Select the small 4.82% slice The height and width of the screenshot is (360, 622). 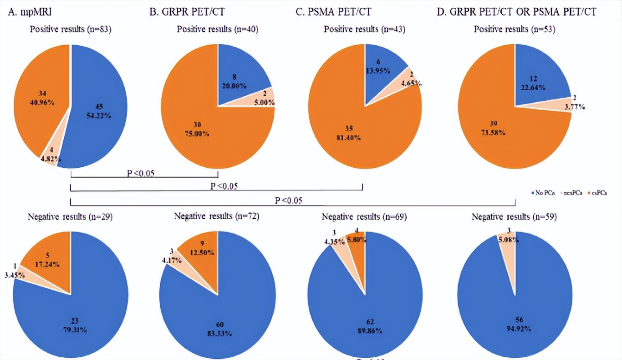50,159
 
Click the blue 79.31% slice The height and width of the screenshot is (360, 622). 77,314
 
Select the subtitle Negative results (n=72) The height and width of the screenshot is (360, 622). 217,216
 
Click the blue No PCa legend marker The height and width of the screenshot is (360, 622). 534,193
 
